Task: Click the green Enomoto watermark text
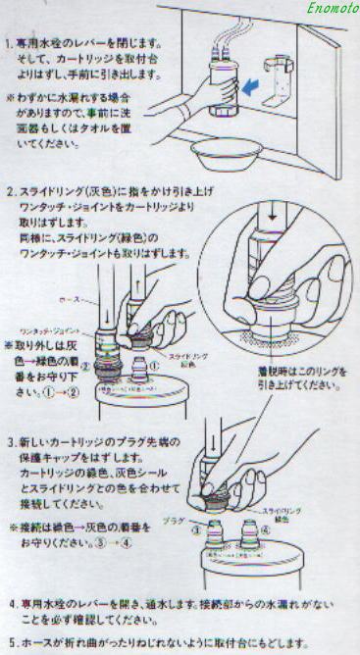322,10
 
